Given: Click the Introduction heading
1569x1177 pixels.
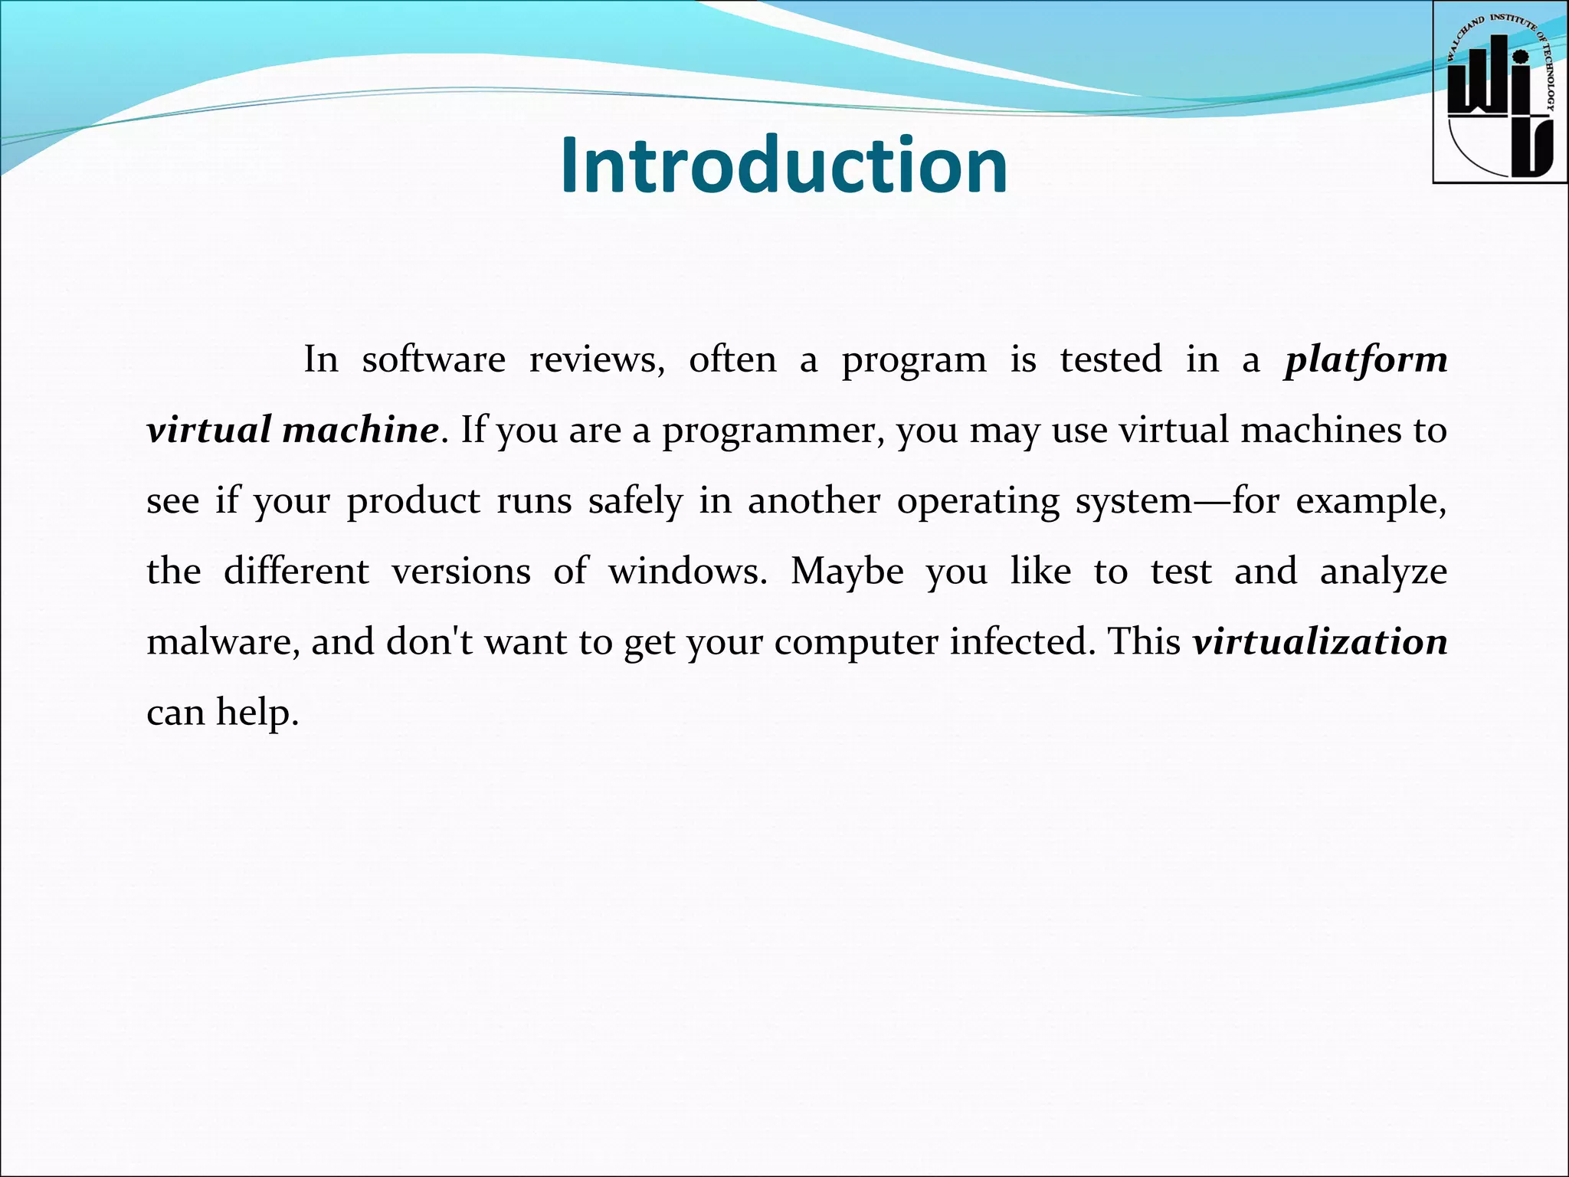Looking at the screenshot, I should [784, 166].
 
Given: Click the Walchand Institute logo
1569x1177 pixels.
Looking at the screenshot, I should [1499, 93].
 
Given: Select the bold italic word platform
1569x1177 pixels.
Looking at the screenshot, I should [1366, 360].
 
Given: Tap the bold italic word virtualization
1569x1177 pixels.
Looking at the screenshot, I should [1320, 642].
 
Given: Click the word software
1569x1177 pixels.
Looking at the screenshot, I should [434, 360].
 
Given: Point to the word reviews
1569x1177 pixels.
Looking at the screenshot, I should [597, 360].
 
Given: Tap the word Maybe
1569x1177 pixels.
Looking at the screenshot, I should [847, 572].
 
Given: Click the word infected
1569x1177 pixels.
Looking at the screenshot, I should [1018, 642].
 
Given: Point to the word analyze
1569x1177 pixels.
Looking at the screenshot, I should [1383, 572].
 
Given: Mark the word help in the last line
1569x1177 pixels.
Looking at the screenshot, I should [256, 713].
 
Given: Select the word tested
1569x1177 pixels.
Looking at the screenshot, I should [1110, 360].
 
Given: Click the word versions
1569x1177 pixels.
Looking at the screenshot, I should [461, 572].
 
